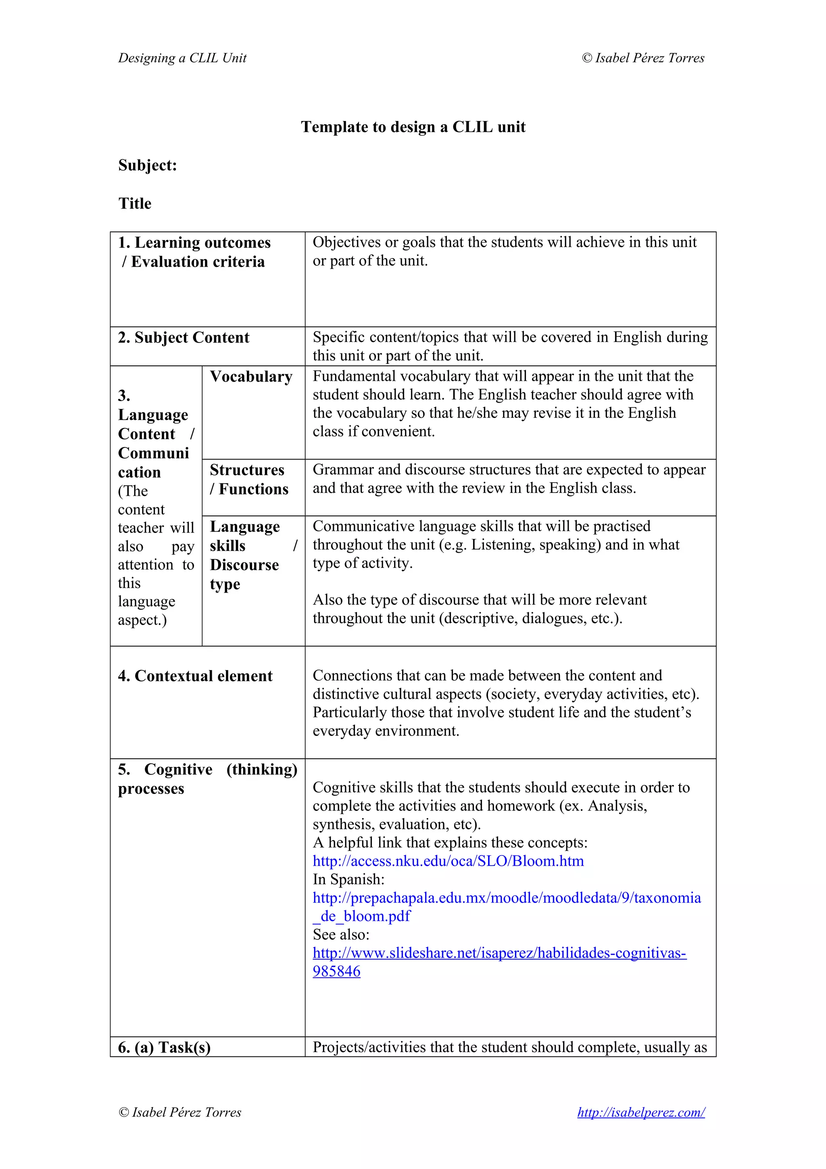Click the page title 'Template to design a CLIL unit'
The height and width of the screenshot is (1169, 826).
413,127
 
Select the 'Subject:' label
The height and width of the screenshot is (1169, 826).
148,165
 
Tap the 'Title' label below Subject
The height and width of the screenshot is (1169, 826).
135,204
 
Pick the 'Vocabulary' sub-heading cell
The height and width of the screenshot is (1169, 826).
251,377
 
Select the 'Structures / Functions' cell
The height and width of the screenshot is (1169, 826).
249,479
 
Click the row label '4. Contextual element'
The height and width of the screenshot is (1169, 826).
195,676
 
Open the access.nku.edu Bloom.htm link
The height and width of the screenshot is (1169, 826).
448,861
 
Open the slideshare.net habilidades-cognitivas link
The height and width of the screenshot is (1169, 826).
499,953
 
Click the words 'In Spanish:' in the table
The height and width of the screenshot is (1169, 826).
348,879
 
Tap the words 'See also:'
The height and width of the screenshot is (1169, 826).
340,935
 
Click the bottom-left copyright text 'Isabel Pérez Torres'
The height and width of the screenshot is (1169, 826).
186,1113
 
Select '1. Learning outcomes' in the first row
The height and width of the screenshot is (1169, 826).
194,243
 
